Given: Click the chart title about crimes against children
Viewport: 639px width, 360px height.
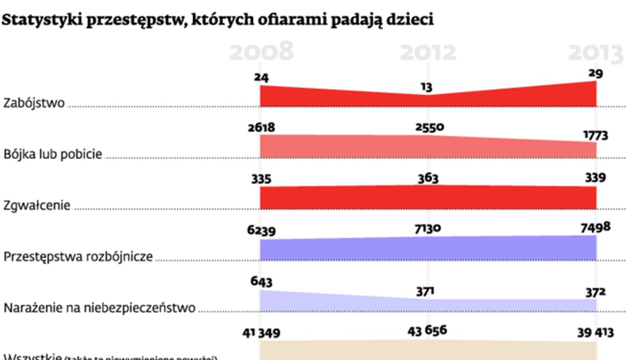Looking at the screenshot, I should point(218,21).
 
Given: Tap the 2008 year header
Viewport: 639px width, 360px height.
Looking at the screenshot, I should point(261,53).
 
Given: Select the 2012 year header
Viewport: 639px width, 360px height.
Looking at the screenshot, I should point(428,53).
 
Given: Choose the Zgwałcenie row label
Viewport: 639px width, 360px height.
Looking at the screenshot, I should point(37,205).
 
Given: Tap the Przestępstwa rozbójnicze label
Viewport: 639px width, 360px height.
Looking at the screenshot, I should point(78,257).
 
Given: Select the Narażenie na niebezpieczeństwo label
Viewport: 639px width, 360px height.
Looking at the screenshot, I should point(100,308).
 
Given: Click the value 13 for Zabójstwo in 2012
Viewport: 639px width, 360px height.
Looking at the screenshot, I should point(427,86).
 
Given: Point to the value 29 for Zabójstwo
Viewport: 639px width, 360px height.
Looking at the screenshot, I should point(596,73).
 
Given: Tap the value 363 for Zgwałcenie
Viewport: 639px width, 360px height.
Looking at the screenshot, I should point(428,178).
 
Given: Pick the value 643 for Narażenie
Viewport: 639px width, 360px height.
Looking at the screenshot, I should point(261,281).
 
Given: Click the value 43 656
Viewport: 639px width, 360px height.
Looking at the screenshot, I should point(428,331).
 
